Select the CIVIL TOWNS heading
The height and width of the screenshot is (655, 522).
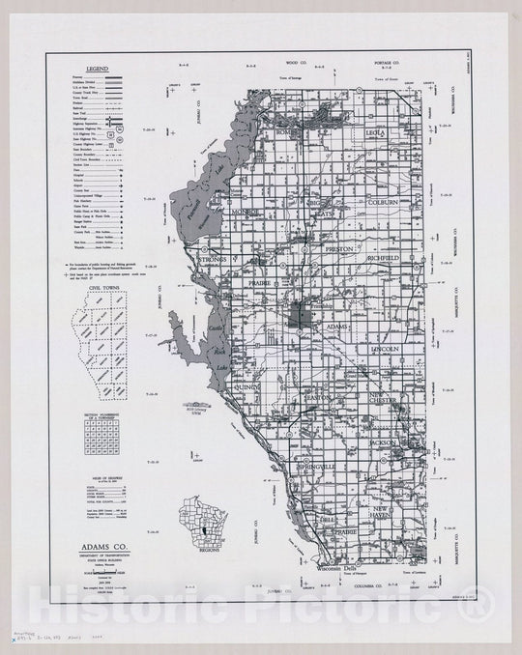coord(101,286)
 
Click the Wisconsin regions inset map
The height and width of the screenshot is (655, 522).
coord(196,519)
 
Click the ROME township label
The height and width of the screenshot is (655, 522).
coord(288,132)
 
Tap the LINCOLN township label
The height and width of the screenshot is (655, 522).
coord(385,349)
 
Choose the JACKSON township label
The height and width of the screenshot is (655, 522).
coord(383,442)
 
